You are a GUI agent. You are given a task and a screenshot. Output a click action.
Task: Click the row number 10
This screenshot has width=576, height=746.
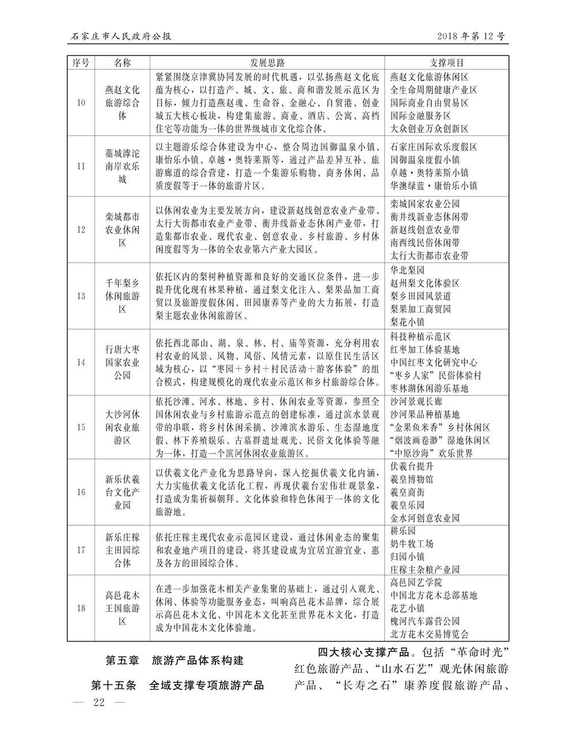(81, 103)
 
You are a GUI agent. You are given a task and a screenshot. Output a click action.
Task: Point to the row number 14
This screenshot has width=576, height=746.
(81, 362)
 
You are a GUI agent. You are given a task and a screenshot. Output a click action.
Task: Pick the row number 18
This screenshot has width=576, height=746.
(81, 608)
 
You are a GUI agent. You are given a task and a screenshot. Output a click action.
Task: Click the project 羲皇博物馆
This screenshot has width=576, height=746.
(412, 479)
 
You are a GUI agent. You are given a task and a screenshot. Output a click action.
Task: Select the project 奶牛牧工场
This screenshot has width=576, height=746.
(412, 544)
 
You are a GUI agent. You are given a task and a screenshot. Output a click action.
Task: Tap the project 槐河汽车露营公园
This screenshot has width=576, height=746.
(425, 621)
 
